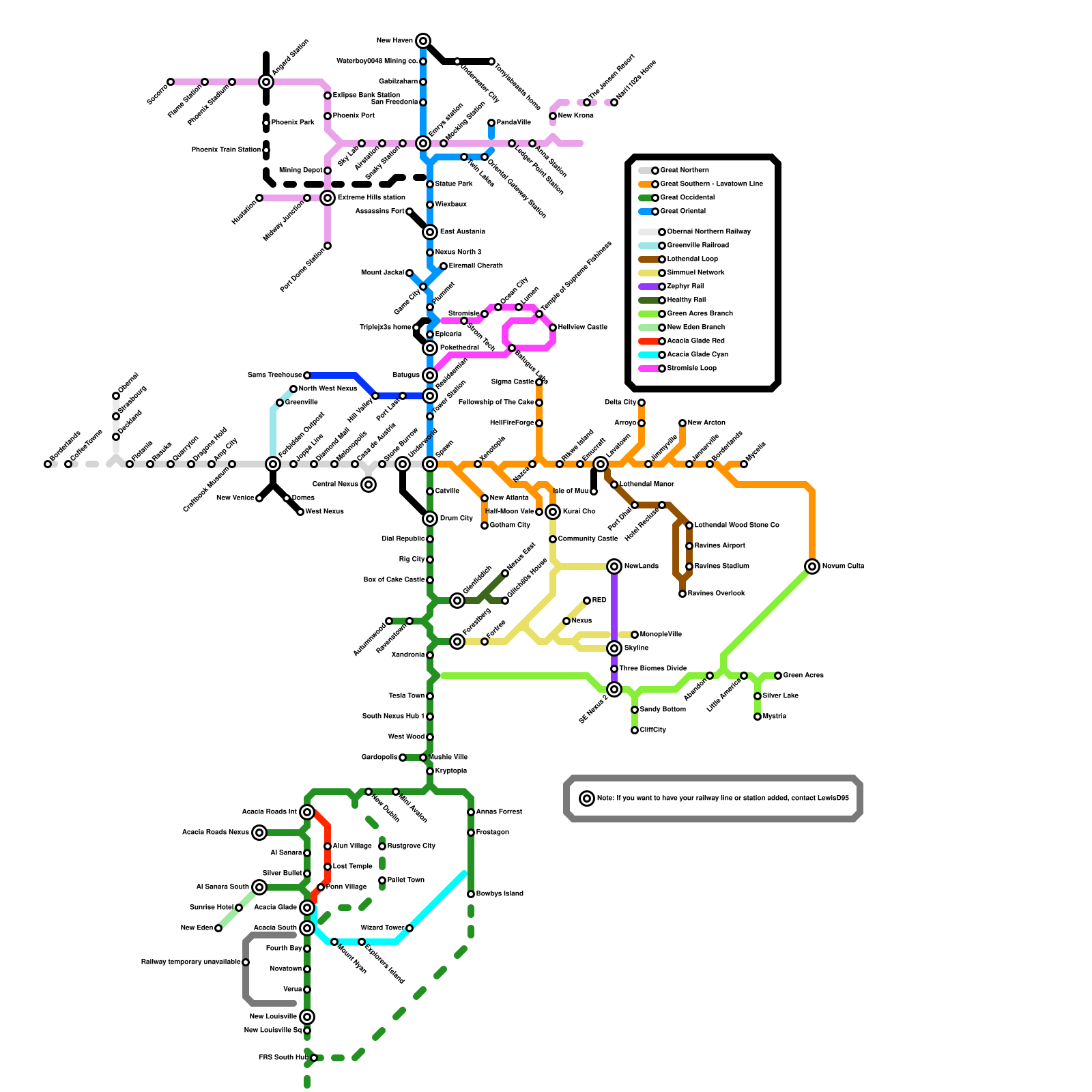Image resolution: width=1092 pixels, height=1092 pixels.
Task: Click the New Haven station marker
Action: pos(423,41)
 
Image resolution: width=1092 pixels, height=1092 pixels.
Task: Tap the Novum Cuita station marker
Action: pos(812,566)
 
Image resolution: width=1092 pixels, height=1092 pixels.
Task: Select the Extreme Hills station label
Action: pos(371,198)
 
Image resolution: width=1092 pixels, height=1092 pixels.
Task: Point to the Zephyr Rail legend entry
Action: pos(685,287)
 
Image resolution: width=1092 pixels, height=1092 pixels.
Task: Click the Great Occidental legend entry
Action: pos(687,198)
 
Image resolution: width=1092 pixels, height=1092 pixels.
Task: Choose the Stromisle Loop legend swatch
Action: pos(649,369)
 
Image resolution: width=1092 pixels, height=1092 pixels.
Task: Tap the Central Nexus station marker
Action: pos(369,485)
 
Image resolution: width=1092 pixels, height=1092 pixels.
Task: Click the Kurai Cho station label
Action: pos(579,512)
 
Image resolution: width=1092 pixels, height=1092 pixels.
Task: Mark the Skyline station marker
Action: pos(614,648)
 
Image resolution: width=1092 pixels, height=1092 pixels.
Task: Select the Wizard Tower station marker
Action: pos(409,928)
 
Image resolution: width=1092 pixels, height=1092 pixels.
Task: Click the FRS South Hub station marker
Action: pos(314,1058)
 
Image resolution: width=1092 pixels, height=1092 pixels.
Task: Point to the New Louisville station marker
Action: pos(307,1017)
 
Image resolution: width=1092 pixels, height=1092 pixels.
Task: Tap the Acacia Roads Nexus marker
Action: pos(259,833)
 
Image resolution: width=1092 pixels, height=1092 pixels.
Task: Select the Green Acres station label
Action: pos(803,676)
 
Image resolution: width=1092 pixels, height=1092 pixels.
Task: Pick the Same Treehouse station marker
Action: pos(307,375)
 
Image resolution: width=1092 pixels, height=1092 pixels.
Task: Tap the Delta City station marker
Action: pos(642,403)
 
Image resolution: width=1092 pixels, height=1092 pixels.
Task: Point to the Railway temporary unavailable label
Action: pos(190,962)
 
